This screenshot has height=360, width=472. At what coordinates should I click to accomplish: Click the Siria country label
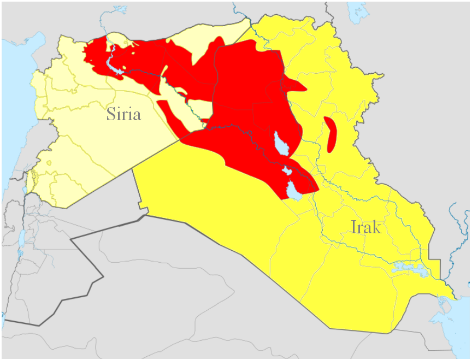(x=123, y=114)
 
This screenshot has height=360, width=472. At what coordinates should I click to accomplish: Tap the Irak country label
(x=365, y=227)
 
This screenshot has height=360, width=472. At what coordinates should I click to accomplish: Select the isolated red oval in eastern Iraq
(x=330, y=134)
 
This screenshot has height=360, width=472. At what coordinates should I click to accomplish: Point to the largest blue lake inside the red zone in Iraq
(x=281, y=144)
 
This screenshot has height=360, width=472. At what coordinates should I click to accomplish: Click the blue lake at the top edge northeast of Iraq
(x=358, y=8)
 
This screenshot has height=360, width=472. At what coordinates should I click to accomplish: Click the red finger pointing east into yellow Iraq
(x=298, y=86)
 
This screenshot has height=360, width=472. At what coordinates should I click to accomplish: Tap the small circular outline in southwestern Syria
(x=49, y=163)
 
